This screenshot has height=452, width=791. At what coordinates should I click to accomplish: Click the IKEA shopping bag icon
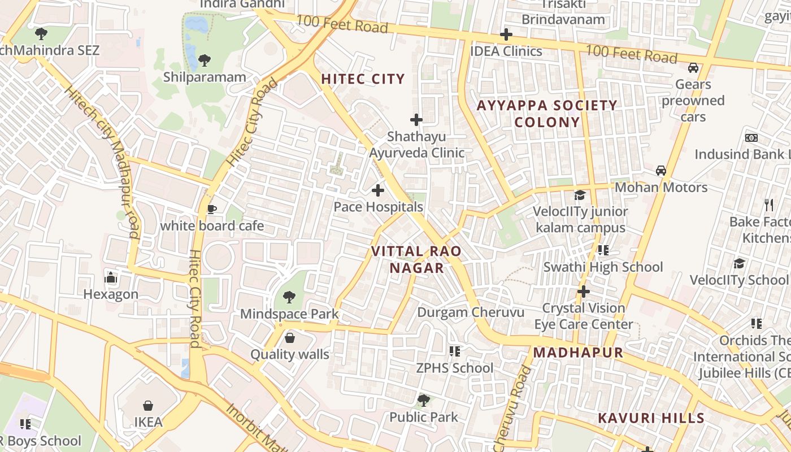click(x=148, y=406)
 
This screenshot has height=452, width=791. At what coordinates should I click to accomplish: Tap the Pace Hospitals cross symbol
click(x=378, y=190)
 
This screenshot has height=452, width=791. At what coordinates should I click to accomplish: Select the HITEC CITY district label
click(x=363, y=79)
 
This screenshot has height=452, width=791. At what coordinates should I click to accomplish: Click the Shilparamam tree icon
click(x=205, y=60)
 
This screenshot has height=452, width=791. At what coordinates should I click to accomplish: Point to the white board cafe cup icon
click(x=212, y=210)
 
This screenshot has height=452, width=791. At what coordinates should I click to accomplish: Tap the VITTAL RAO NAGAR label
click(x=416, y=259)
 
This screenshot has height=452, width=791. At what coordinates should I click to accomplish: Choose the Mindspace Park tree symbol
click(x=289, y=297)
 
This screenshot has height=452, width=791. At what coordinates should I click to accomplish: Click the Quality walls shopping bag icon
click(x=290, y=338)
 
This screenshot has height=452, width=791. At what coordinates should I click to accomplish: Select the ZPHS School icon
click(x=455, y=351)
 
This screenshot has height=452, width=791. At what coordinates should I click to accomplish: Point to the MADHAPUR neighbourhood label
click(x=578, y=353)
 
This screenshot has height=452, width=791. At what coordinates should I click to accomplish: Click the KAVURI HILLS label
click(x=651, y=418)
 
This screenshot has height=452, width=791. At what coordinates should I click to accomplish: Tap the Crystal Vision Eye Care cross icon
click(x=584, y=292)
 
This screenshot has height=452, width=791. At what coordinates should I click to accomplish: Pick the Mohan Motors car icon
click(x=660, y=170)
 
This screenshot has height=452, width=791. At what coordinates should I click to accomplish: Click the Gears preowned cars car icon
click(x=693, y=68)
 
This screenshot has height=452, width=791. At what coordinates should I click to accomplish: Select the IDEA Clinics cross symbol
click(x=506, y=34)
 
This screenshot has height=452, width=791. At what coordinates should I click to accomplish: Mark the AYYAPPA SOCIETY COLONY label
click(x=547, y=114)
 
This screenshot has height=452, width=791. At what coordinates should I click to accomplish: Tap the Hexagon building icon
click(x=111, y=277)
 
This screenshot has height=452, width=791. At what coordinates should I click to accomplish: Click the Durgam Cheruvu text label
click(x=471, y=312)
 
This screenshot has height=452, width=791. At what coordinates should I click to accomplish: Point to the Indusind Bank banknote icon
click(x=751, y=138)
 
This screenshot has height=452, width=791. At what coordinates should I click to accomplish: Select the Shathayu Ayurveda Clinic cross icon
click(x=416, y=120)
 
